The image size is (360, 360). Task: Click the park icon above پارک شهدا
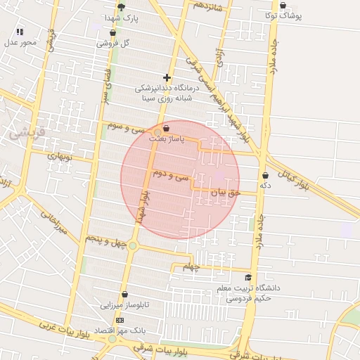click(x=122, y=7)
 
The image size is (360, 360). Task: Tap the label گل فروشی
click(x=116, y=43)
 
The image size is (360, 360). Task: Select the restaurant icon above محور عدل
click(x=20, y=32)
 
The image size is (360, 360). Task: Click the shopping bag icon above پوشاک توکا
click(x=283, y=6)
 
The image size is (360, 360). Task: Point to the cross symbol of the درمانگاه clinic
click(x=167, y=77)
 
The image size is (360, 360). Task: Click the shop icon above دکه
click(x=265, y=175)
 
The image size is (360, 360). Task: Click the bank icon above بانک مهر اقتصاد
click(x=119, y=319)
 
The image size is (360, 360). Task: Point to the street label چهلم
click(x=191, y=267)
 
